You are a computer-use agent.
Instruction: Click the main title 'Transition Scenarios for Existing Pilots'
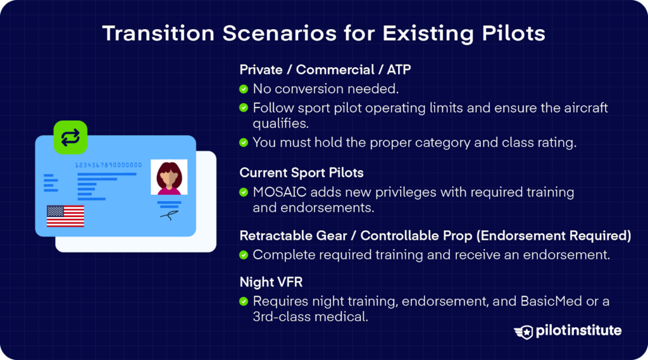(323, 33)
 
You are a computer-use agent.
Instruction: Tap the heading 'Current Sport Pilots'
(301, 173)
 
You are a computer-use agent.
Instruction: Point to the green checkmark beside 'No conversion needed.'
(244, 89)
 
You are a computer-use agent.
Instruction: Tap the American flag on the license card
(65, 216)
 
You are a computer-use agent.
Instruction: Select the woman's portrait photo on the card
(168, 177)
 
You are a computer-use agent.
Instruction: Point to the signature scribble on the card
(169, 216)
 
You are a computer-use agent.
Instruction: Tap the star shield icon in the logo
(524, 332)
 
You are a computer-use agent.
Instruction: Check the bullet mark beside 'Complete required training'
(244, 255)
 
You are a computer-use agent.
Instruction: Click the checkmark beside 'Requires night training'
(244, 301)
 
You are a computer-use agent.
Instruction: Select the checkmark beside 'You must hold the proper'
(244, 142)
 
